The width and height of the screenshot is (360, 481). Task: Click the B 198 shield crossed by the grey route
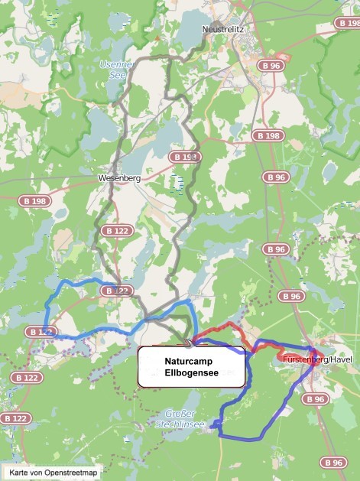(185, 157)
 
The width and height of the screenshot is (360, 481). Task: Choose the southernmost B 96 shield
(332, 462)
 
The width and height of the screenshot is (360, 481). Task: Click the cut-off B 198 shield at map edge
(353, 24)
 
